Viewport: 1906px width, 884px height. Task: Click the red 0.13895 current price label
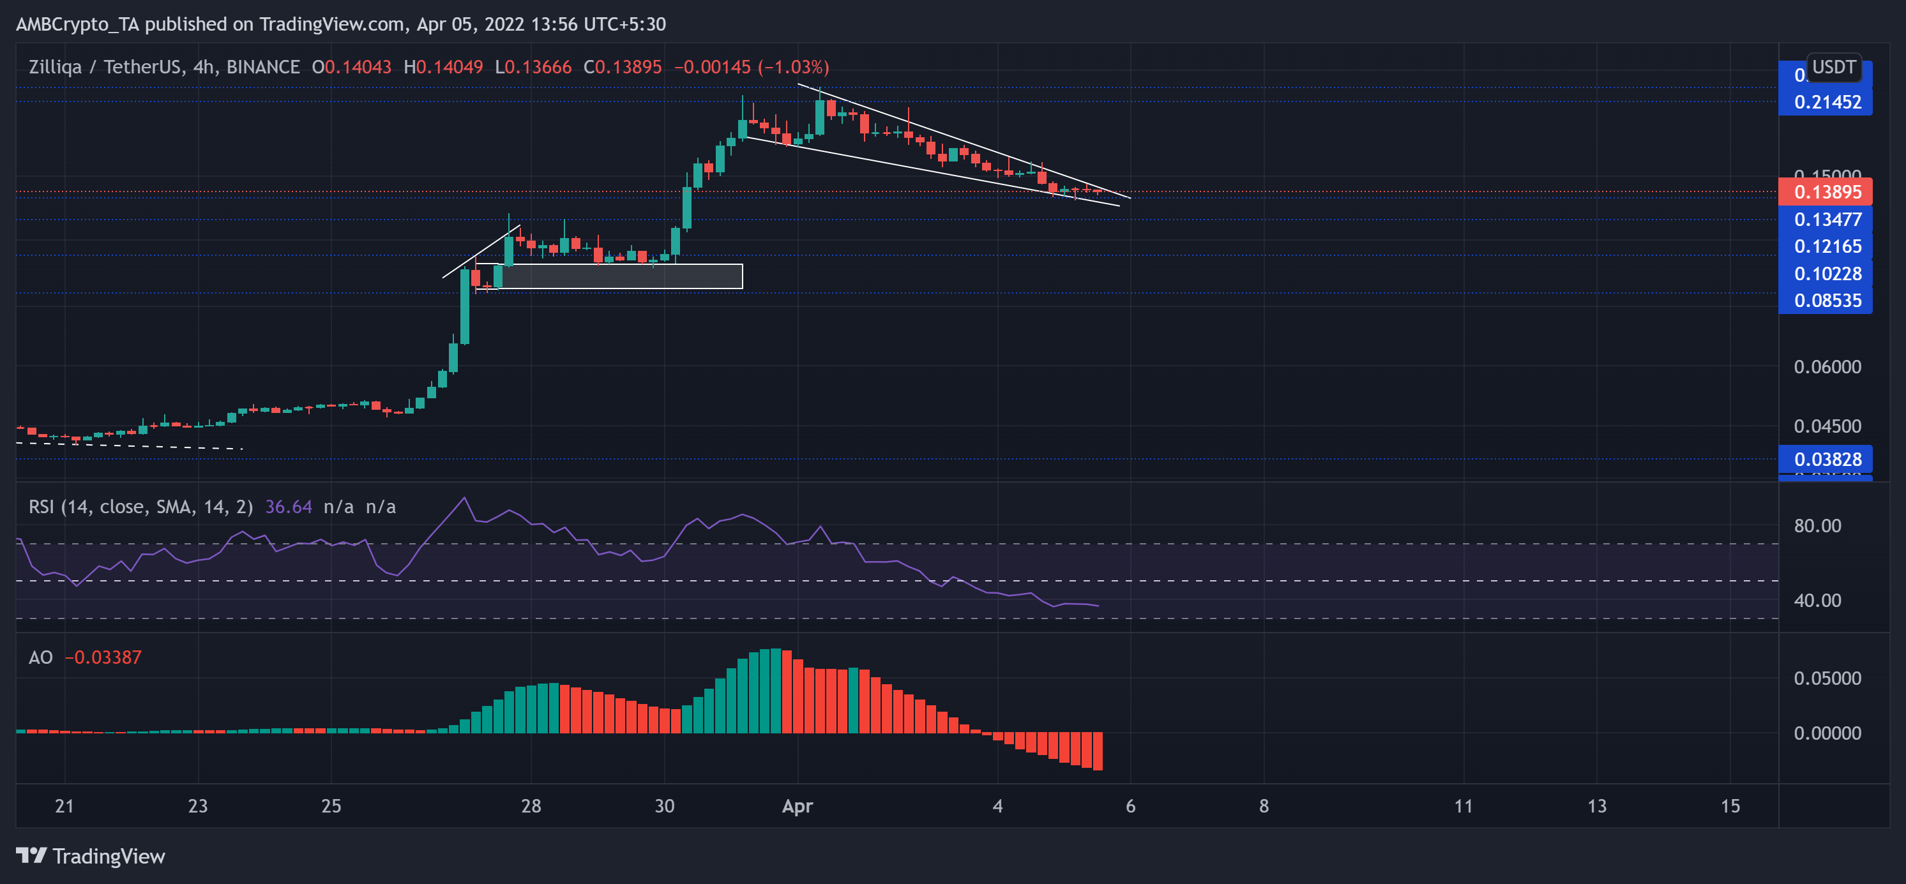coord(1826,192)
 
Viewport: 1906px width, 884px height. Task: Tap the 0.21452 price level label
coord(1826,102)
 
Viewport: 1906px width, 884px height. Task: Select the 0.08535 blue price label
coord(1826,301)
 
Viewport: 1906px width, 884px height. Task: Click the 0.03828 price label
coord(1826,460)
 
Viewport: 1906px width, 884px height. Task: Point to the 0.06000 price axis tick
coord(1827,367)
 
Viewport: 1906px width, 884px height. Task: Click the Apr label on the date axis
coord(797,806)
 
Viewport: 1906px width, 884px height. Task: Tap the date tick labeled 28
coord(531,806)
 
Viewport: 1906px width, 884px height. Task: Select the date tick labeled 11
coord(1463,806)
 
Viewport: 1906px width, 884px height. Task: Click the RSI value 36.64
coord(288,507)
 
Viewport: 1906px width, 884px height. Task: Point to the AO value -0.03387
coord(103,657)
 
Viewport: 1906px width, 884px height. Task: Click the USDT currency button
coord(1833,67)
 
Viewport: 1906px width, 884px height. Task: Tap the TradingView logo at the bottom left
coord(90,856)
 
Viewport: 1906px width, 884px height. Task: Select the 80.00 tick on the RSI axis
coord(1817,526)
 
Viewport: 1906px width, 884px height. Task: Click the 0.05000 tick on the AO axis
coord(1827,678)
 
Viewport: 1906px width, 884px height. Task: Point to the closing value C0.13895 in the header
coord(623,67)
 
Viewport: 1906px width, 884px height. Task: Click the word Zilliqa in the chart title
coord(55,67)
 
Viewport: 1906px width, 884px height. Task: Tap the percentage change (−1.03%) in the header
coord(792,67)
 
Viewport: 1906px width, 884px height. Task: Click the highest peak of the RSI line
coord(464,498)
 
